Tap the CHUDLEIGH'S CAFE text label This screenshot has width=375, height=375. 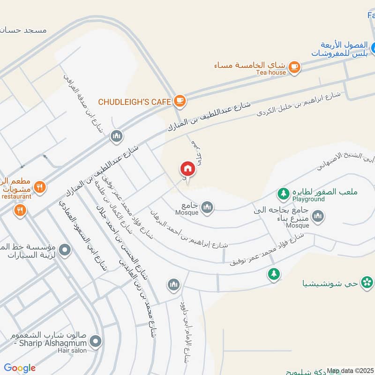tap(135, 101)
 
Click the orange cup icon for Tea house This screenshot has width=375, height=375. tap(294, 67)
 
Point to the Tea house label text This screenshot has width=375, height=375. tap(270, 73)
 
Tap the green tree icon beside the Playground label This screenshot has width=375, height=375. tap(283, 193)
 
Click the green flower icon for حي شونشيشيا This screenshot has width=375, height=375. tap(367, 282)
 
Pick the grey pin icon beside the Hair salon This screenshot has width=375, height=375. tap(96, 341)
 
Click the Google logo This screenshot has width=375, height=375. tap(20, 368)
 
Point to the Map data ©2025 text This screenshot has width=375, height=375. tap(349, 371)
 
